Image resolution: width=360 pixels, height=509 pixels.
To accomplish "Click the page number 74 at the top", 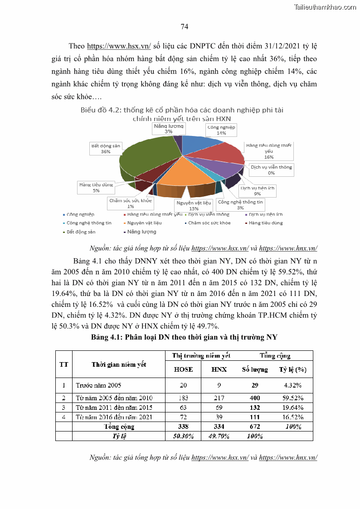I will click(x=185, y=27).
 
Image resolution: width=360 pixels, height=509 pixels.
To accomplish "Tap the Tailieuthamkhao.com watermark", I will click(x=325, y=7).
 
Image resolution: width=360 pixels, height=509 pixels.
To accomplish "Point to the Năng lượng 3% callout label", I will click(x=168, y=128).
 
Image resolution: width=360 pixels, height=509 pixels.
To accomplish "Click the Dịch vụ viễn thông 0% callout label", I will click(x=271, y=170).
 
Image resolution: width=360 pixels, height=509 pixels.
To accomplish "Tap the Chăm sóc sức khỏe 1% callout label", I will click(x=131, y=203).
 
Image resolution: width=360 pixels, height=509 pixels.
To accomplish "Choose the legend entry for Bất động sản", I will click(x=81, y=232).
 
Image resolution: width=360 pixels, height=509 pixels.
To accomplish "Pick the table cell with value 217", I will click(x=219, y=398).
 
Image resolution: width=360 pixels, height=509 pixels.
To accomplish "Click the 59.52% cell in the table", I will click(x=292, y=398).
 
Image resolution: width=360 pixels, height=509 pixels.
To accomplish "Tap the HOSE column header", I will click(x=183, y=369).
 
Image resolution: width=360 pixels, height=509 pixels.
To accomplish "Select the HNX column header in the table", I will click(x=219, y=369).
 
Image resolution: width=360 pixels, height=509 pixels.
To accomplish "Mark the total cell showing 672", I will click(x=255, y=427).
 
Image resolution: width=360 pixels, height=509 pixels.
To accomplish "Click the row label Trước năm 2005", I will click(x=98, y=385).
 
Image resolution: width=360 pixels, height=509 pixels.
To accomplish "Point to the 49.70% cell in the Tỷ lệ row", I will click(x=219, y=436).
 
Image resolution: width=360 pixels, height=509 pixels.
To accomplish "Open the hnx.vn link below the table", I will click(x=287, y=457).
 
